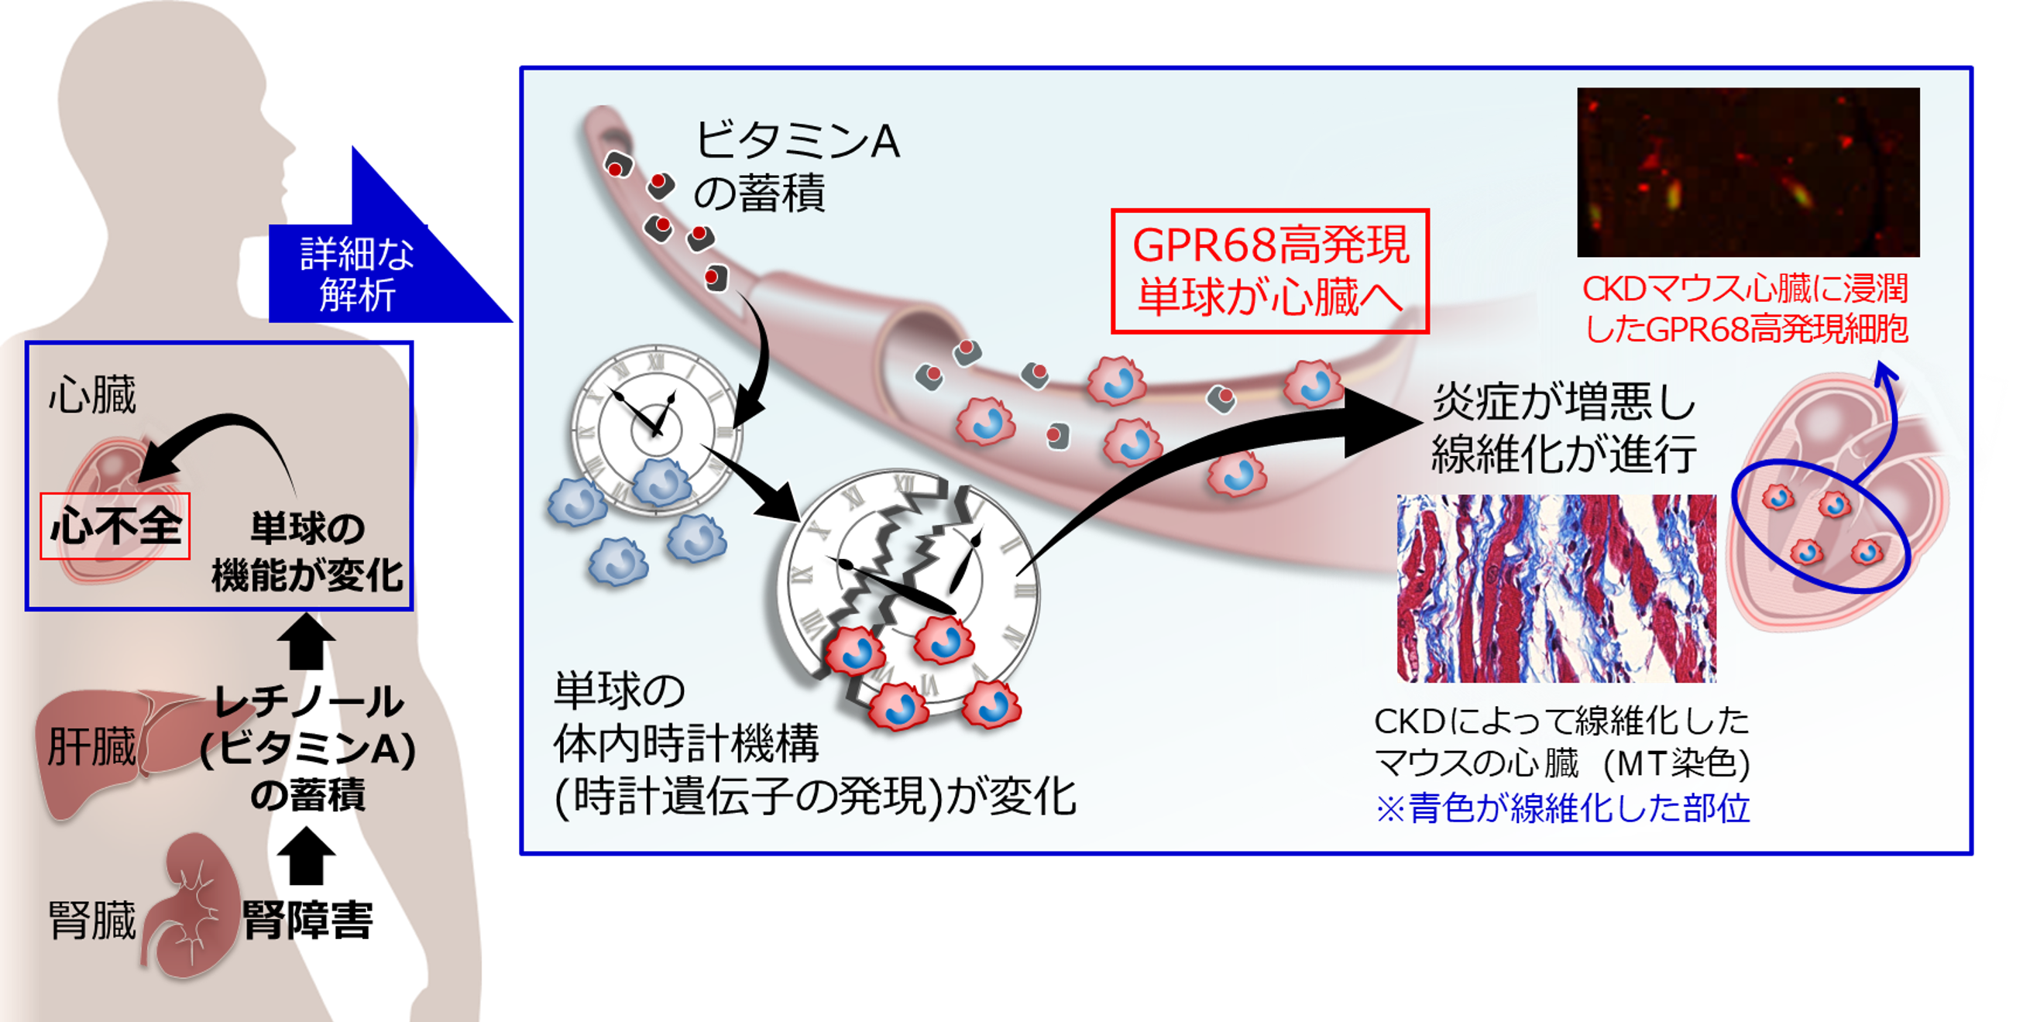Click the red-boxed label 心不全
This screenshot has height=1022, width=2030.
point(115,526)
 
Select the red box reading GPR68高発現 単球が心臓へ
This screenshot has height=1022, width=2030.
point(1269,270)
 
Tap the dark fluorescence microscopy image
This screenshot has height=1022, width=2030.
point(1748,172)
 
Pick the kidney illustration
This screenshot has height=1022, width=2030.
point(193,906)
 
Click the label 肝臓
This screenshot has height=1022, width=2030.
point(91,746)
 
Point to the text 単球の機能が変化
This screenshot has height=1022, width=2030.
point(307,551)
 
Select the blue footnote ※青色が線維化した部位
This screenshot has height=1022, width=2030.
point(1562,808)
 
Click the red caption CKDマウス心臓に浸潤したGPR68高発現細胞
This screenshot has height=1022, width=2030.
point(1746,309)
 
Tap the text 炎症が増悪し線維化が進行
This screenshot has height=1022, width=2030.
point(1564,430)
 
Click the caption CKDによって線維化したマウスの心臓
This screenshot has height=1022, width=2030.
point(1562,741)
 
